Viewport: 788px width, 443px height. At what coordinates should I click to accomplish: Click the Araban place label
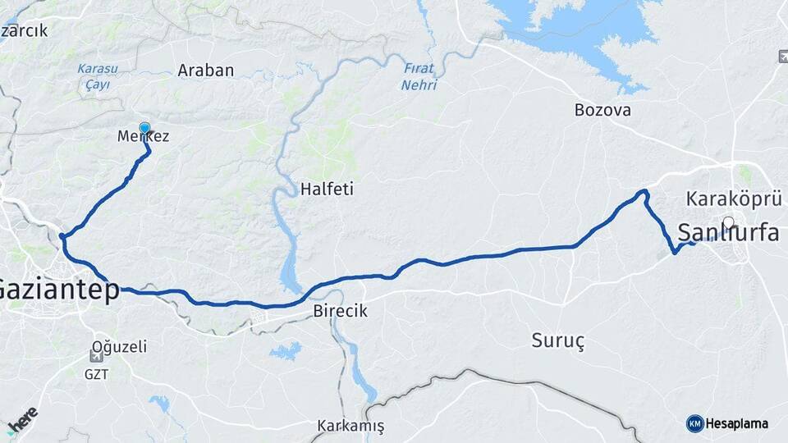coord(206,71)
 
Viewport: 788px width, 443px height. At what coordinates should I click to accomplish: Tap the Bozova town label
coord(602,110)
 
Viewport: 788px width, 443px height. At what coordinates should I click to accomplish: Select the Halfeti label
coord(327,189)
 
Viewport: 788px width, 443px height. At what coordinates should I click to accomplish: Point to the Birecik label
coord(341,312)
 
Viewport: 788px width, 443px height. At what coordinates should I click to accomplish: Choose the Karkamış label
coord(350,427)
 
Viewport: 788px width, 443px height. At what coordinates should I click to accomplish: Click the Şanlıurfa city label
coord(727,232)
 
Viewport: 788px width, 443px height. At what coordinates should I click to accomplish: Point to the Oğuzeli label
coord(120,347)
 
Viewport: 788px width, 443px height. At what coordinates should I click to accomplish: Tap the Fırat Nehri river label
coord(420,77)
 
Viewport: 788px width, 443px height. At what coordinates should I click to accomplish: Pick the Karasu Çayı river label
coord(98,76)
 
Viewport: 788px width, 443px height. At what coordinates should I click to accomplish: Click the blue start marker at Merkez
coord(145,127)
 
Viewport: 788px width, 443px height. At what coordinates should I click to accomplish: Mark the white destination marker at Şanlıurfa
coord(729,221)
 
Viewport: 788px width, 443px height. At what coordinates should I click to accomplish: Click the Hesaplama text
coord(737,424)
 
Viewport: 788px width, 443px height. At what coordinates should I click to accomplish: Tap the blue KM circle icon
coord(694,423)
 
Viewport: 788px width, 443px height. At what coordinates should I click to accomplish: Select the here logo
coord(22,419)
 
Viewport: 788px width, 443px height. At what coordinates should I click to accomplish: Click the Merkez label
coord(144,137)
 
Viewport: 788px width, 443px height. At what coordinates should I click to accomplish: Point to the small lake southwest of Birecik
coord(286,351)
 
